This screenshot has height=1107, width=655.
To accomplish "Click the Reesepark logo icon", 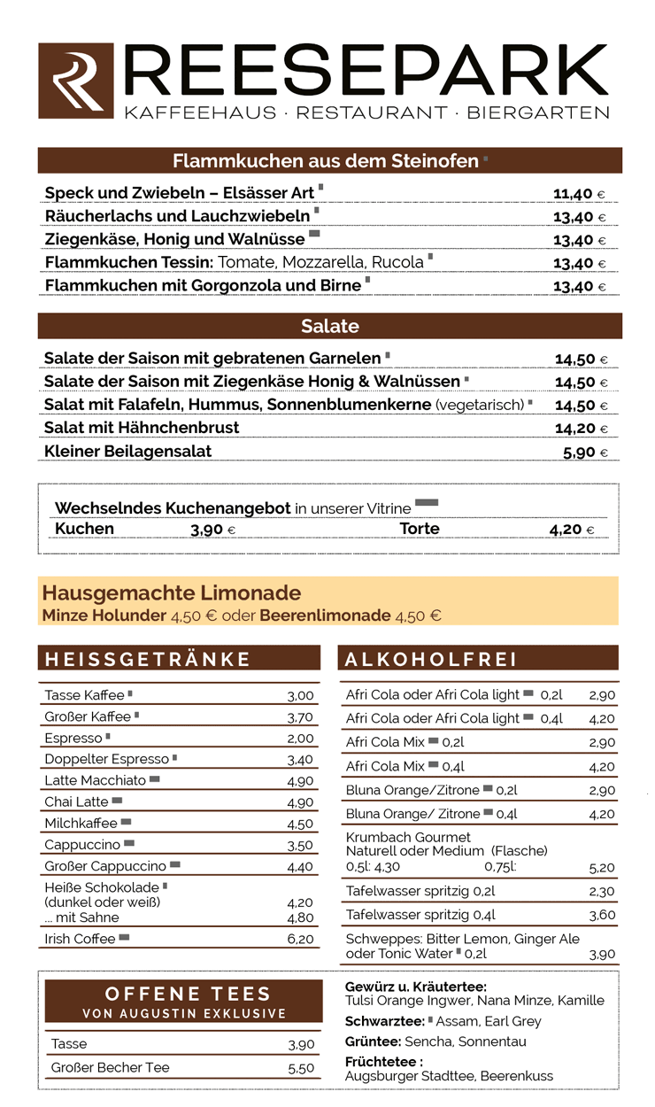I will (76, 81).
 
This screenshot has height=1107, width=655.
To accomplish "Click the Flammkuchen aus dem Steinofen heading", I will (325, 161).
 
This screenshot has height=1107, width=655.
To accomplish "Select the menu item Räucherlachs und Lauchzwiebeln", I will (177, 216).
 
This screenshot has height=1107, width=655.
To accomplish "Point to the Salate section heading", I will (329, 326).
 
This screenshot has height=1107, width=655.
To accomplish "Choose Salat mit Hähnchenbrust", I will (142, 428).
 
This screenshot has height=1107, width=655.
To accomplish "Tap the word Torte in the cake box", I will (420, 529).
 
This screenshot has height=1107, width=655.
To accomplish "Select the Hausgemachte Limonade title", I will (172, 592).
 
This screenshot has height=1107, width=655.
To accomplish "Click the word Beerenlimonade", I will (325, 615).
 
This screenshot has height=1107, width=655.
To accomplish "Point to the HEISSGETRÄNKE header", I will (148, 659).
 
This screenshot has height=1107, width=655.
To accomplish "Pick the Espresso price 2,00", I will (300, 739).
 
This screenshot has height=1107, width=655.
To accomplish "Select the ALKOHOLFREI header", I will (432, 659).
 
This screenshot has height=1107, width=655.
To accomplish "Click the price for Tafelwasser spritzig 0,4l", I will (602, 916).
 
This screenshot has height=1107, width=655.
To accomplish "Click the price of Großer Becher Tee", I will (301, 1068).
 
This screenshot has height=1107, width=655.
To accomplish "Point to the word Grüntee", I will (372, 1041).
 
